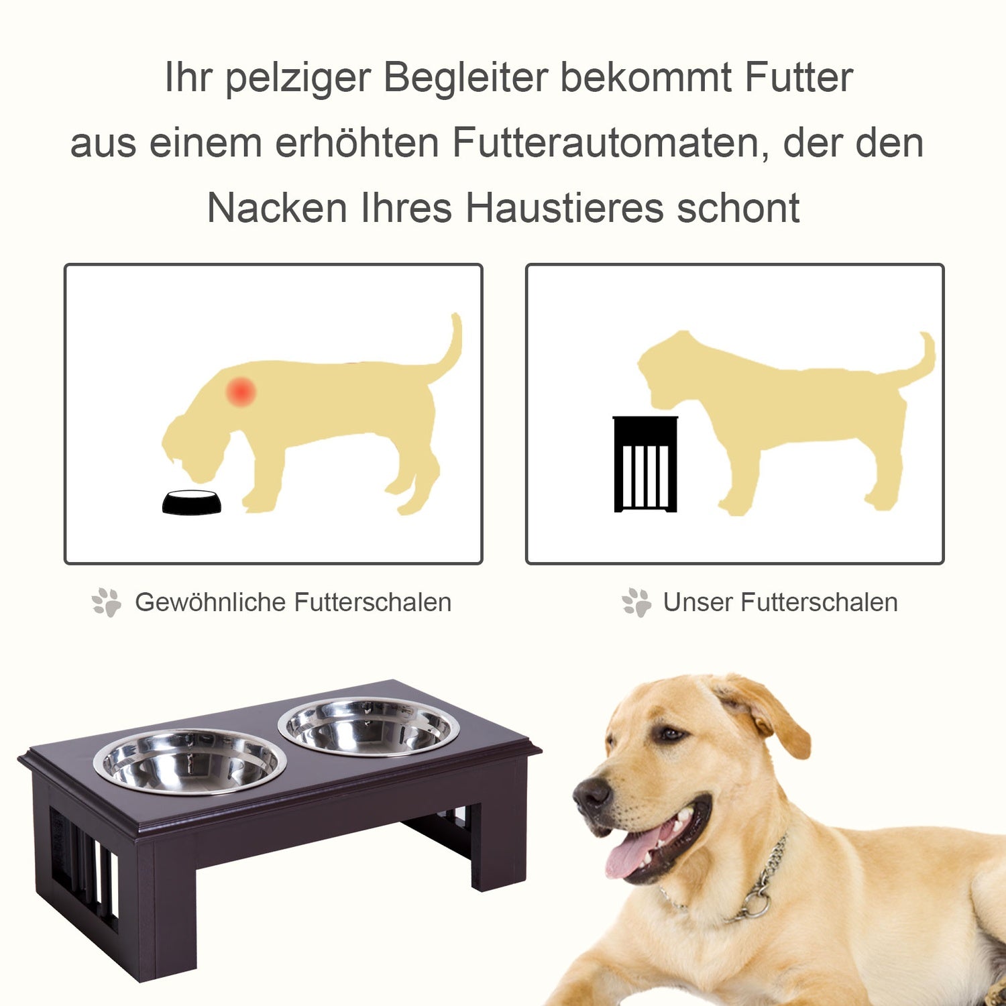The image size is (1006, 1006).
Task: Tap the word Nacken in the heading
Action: [277, 208]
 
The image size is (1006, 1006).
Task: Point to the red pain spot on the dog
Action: [241, 391]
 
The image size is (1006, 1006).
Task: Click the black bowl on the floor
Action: [192, 502]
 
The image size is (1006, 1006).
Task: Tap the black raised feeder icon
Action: [646, 464]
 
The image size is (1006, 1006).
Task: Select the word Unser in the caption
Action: [697, 602]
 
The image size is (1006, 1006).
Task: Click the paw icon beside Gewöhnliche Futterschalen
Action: [107, 602]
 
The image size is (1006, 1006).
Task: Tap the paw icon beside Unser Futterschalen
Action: [636, 602]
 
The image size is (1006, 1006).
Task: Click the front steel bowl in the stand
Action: [190, 762]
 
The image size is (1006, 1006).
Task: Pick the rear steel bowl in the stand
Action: [369, 726]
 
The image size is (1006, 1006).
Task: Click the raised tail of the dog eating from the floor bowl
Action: [446, 345]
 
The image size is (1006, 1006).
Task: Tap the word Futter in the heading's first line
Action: [799, 77]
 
